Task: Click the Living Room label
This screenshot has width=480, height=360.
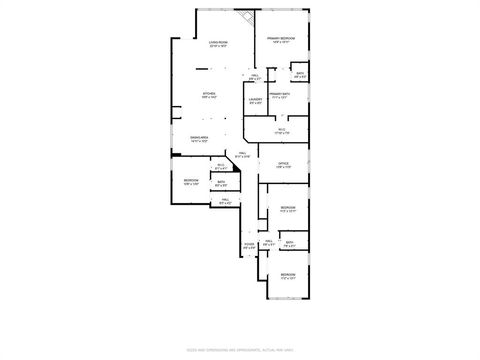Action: (x=218, y=43)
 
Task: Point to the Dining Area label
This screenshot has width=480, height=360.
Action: (x=198, y=139)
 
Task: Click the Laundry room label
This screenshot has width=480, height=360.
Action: (x=255, y=100)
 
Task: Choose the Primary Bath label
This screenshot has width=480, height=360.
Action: (x=279, y=95)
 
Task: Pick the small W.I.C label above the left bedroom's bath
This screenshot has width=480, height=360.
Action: (x=220, y=167)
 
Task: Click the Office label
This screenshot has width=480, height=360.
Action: (x=283, y=165)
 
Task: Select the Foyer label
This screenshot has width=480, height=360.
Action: (x=249, y=245)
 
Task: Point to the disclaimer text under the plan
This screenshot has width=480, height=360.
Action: (x=239, y=349)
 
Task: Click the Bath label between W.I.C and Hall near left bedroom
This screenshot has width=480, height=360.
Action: (x=221, y=183)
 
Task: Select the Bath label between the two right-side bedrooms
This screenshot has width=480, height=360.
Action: (x=288, y=243)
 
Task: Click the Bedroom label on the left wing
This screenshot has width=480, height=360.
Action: (x=190, y=181)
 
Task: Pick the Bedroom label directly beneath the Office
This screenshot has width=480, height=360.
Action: (x=287, y=209)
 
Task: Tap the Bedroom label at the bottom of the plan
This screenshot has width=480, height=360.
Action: (x=287, y=275)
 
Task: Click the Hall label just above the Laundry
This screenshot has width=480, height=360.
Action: (x=255, y=77)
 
